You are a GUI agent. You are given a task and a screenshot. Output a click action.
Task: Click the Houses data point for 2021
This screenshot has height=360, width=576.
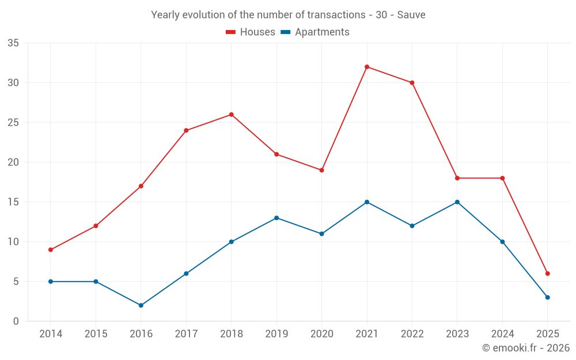click(x=367, y=67)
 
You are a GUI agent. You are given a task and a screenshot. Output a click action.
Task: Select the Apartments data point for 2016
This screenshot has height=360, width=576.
click(x=141, y=305)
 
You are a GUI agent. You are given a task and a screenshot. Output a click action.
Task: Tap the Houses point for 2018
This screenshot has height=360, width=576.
click(x=232, y=115)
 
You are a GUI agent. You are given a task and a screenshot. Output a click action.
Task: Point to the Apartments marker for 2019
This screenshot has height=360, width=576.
click(x=276, y=218)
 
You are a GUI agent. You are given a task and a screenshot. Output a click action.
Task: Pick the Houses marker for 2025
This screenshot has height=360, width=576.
click(x=548, y=274)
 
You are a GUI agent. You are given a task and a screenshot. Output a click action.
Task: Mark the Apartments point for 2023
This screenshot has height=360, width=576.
click(x=457, y=202)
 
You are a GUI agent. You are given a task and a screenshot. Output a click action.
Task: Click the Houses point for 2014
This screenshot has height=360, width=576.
click(x=51, y=249)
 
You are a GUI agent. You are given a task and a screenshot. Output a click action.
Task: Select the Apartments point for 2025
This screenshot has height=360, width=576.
click(x=548, y=297)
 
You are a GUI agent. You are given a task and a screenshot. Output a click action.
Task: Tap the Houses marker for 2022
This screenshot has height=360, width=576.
click(x=412, y=83)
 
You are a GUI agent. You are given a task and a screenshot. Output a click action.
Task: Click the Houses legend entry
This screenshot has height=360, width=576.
click(x=251, y=32)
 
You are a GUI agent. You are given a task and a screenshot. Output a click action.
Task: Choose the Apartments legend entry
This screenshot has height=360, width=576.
click(x=315, y=32)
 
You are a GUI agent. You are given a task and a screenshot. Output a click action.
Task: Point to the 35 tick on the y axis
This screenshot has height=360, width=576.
click(x=13, y=43)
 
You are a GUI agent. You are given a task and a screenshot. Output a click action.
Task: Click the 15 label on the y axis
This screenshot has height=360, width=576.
click(x=13, y=202)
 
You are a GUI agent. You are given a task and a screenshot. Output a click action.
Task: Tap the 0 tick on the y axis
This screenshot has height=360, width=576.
click(x=16, y=321)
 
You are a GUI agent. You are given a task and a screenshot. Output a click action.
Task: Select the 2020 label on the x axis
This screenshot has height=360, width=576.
click(x=321, y=334)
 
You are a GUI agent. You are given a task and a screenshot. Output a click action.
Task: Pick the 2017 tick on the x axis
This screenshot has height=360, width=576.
click(x=186, y=334)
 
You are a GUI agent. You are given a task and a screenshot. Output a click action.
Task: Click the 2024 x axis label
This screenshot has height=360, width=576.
click(x=502, y=334)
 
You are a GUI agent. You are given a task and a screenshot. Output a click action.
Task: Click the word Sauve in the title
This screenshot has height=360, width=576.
click(x=412, y=15)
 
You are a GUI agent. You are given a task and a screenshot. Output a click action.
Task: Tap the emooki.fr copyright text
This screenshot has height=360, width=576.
click(x=525, y=348)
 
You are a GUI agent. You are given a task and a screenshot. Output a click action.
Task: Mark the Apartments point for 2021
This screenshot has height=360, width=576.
click(x=367, y=202)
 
